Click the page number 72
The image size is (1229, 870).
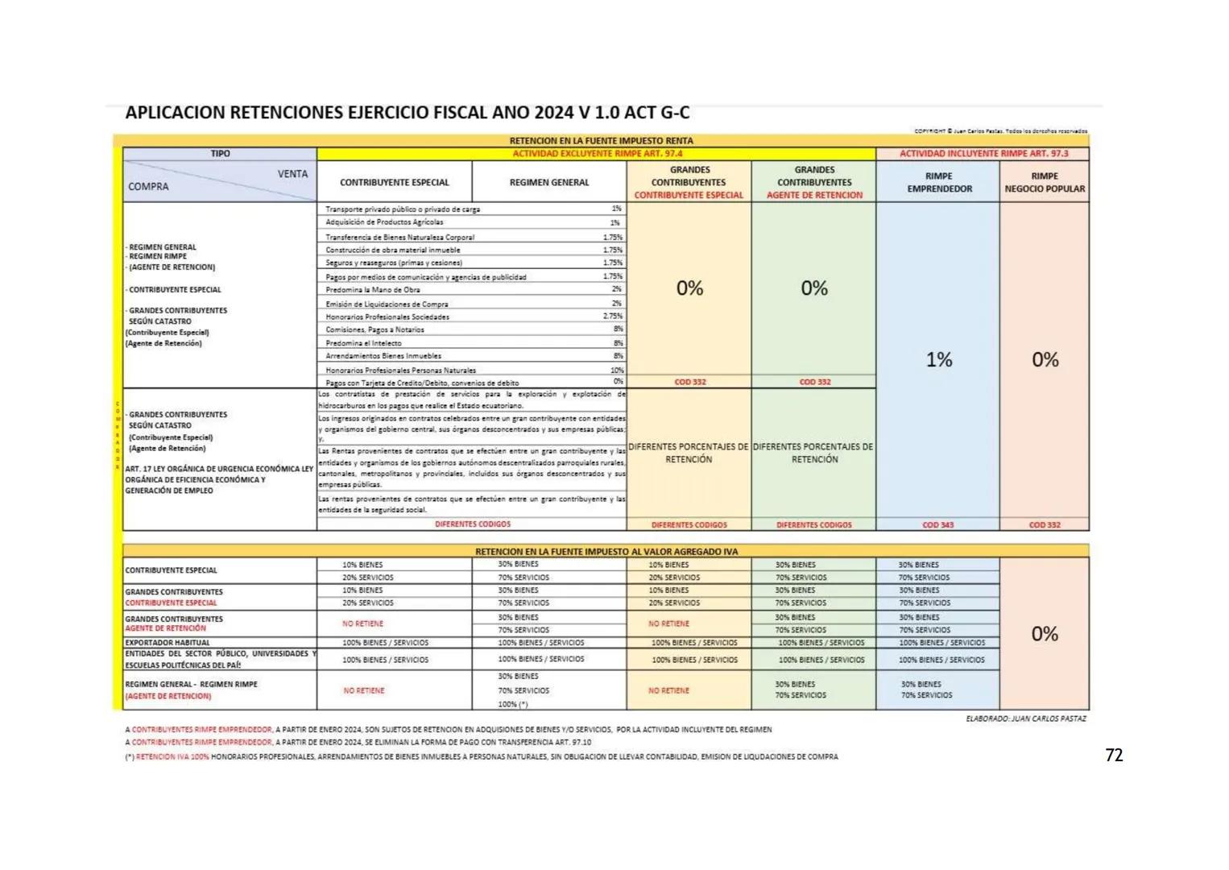pos(1114,755)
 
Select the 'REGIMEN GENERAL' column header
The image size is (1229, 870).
pos(549,182)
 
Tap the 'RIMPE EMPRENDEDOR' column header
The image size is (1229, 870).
pos(939,182)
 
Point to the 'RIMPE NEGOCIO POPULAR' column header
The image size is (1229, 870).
pos(1045,182)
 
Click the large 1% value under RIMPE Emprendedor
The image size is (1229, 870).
pos(939,359)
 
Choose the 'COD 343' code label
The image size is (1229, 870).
pos(938,524)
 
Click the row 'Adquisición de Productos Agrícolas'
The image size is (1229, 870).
pos(385,222)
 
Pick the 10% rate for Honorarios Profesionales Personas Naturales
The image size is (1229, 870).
pos(617,370)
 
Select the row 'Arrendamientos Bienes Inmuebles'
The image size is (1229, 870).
pos(383,355)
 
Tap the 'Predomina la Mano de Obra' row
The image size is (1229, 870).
pos(373,289)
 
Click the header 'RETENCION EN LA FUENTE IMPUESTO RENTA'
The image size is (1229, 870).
pos(601,140)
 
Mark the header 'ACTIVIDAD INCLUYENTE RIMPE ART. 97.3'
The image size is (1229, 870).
pos(983,153)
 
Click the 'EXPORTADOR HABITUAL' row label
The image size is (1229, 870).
pos(168,643)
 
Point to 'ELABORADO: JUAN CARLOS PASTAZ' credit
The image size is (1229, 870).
pos(1025,718)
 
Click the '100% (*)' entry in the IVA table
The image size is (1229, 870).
pos(513,704)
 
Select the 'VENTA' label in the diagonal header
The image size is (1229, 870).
pos(292,174)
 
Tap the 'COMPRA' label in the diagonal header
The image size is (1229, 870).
pos(148,187)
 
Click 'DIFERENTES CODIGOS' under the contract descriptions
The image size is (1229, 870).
pos(473,524)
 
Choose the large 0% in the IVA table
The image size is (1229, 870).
pos(1045,634)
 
